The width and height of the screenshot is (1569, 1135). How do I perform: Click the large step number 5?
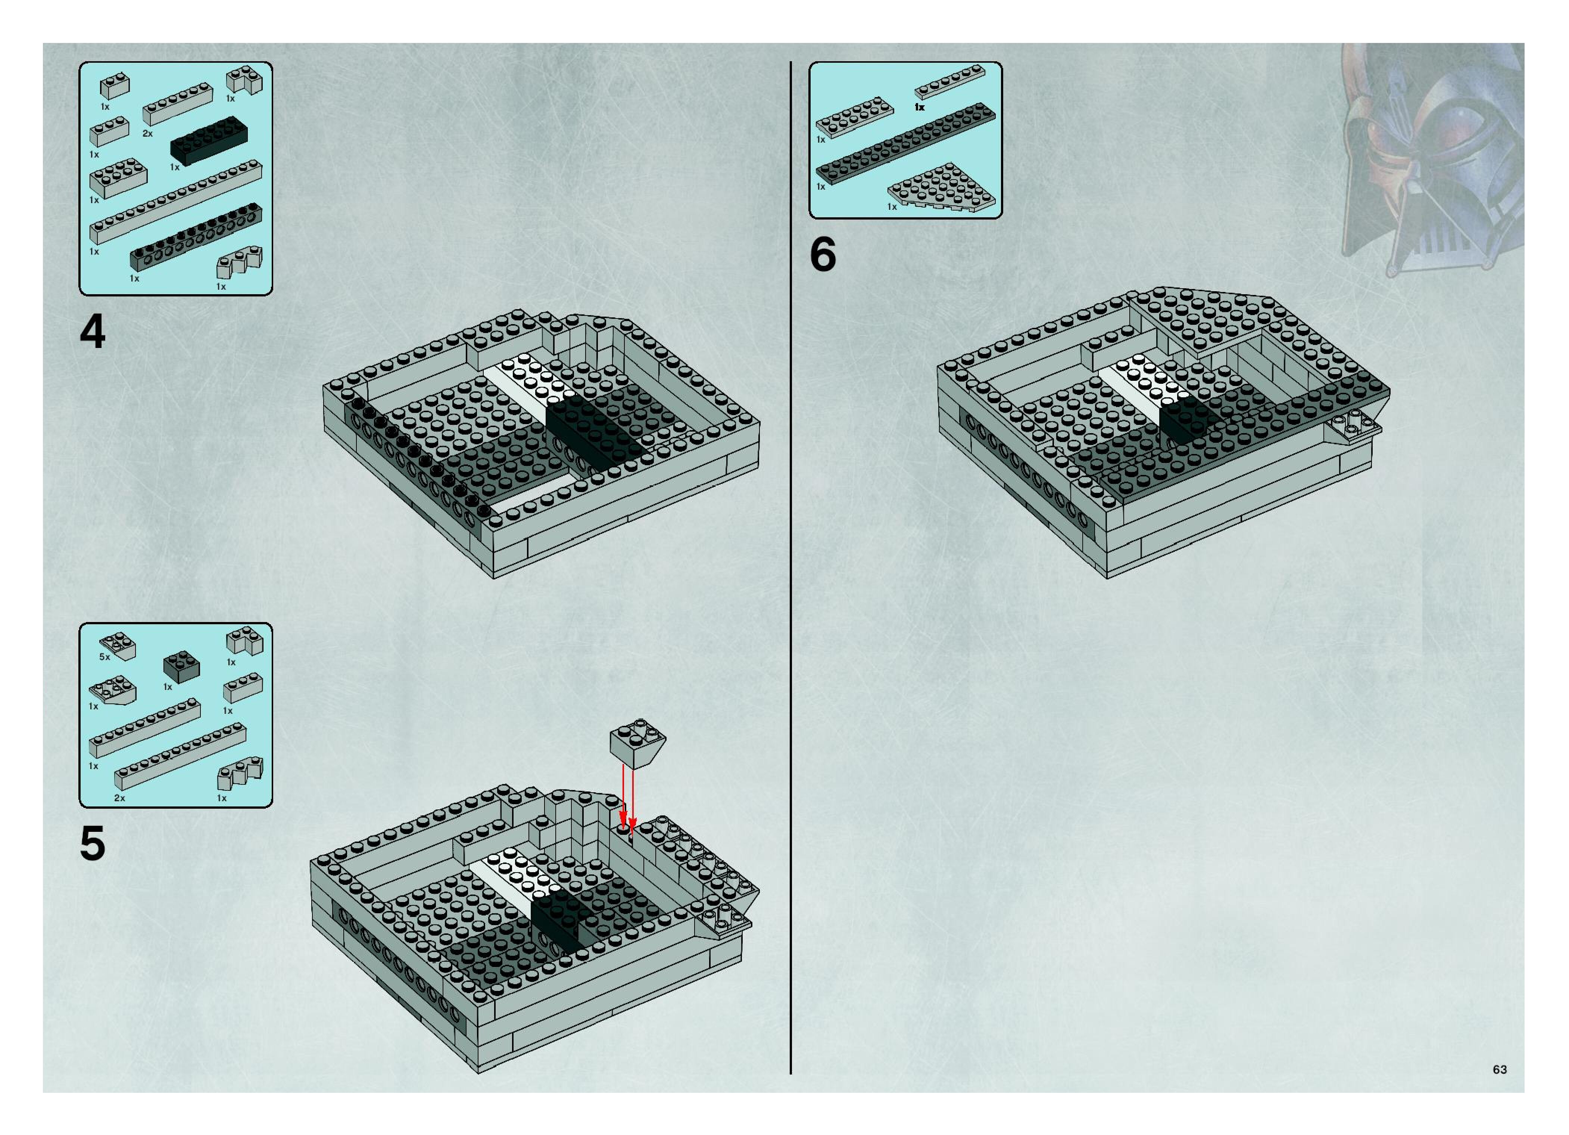pos(93,844)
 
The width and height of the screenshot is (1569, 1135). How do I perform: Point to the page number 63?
pos(1499,1069)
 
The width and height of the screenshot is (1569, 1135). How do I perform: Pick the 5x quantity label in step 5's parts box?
pos(105,657)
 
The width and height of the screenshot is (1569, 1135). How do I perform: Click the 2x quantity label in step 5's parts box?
pos(120,798)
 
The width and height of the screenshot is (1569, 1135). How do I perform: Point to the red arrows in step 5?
pos(627,796)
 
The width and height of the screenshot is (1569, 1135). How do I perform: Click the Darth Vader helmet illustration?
pos(1432,159)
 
